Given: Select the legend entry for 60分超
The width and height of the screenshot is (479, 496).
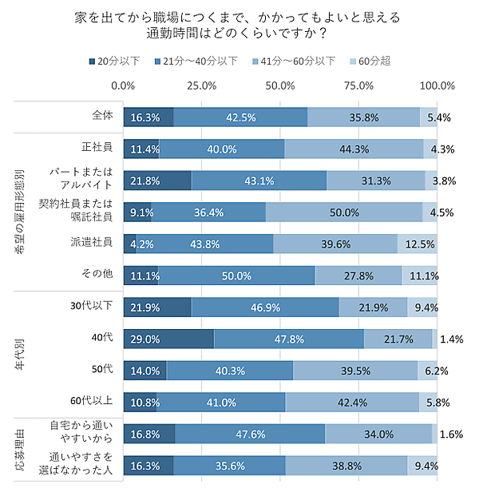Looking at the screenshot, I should (x=369, y=62).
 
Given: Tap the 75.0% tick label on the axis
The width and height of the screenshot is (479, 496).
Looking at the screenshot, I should (x=358, y=85).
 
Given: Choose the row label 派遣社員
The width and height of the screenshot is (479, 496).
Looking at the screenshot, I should (x=97, y=243).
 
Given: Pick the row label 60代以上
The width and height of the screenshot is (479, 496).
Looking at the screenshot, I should (x=92, y=402).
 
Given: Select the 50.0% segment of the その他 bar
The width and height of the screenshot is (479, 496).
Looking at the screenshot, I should (x=236, y=275).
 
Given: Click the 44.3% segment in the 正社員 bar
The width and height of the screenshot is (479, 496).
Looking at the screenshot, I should (x=354, y=148).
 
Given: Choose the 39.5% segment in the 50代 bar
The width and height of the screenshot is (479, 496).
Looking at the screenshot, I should (x=355, y=371).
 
